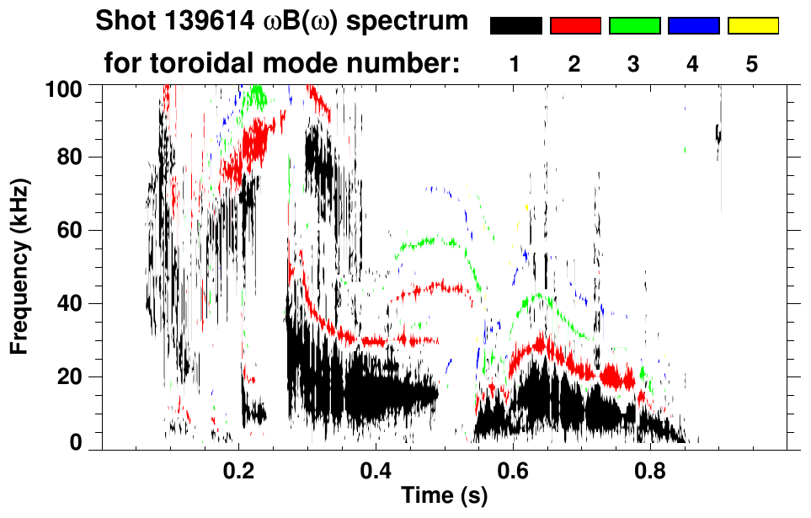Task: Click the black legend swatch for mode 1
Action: pyautogui.click(x=515, y=26)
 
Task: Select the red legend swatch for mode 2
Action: pyautogui.click(x=575, y=26)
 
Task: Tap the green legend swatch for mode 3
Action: pyautogui.click(x=634, y=26)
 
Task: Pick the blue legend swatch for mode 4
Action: pyautogui.click(x=693, y=26)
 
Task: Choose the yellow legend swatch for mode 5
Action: pyautogui.click(x=753, y=26)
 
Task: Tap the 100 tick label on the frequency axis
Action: pyautogui.click(x=63, y=87)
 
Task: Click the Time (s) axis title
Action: pyautogui.click(x=443, y=497)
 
